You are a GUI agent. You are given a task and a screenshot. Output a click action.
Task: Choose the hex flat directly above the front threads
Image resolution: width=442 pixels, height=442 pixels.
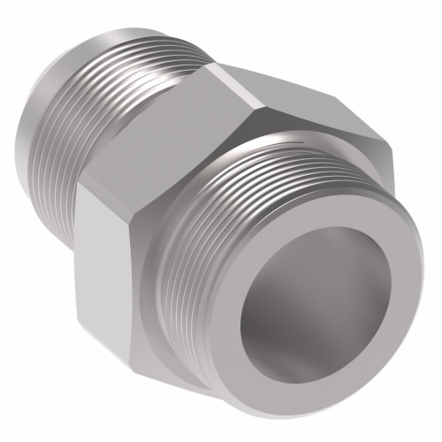(x=301, y=106)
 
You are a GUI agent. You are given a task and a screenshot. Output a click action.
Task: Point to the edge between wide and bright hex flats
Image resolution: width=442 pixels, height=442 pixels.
(x=88, y=190)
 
